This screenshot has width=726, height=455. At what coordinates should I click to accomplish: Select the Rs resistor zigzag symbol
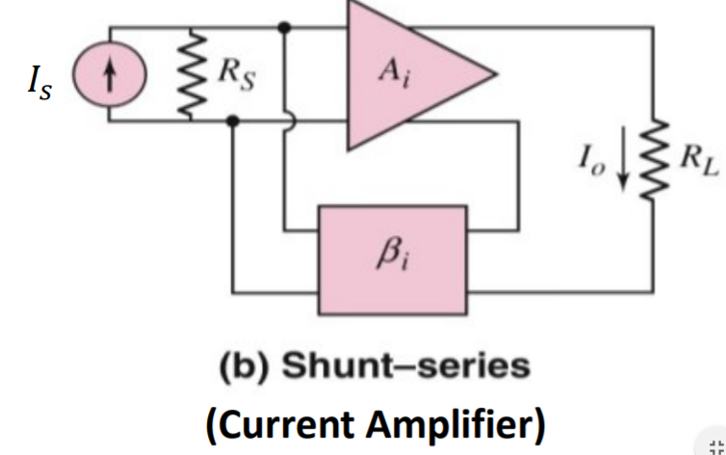[192, 74]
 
